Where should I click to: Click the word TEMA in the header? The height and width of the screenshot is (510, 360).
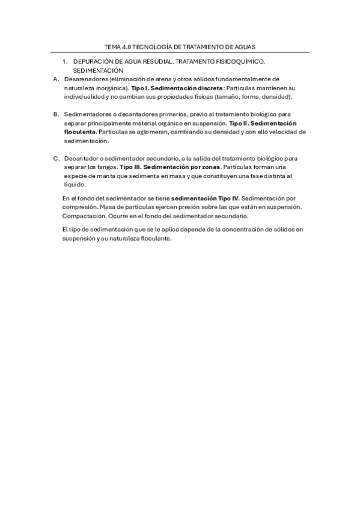click(113, 46)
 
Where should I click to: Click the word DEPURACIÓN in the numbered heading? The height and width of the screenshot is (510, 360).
click(92, 62)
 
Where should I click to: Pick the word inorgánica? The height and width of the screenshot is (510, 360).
click(107, 88)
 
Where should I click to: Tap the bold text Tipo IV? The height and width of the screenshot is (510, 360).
click(229, 198)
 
